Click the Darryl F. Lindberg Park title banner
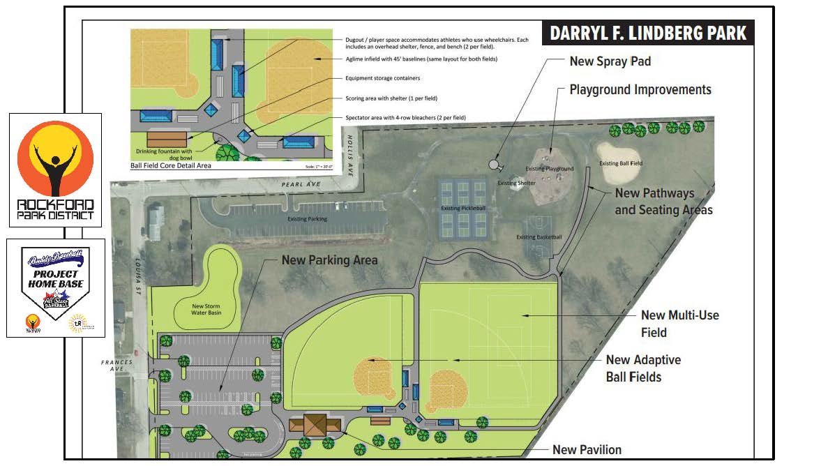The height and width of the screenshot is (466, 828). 648,33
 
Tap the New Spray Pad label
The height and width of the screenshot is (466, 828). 610,61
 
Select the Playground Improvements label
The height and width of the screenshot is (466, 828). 640,90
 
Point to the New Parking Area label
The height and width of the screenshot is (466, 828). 329,260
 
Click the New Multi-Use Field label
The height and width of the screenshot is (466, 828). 679,324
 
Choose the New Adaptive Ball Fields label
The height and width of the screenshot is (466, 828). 642,368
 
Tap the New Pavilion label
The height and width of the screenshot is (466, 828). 587,450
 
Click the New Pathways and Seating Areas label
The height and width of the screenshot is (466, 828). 663,201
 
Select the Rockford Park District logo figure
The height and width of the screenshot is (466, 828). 55,162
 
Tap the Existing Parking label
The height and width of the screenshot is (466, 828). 307,219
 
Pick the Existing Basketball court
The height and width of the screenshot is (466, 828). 539,236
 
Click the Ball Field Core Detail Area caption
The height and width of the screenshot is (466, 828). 171,165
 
